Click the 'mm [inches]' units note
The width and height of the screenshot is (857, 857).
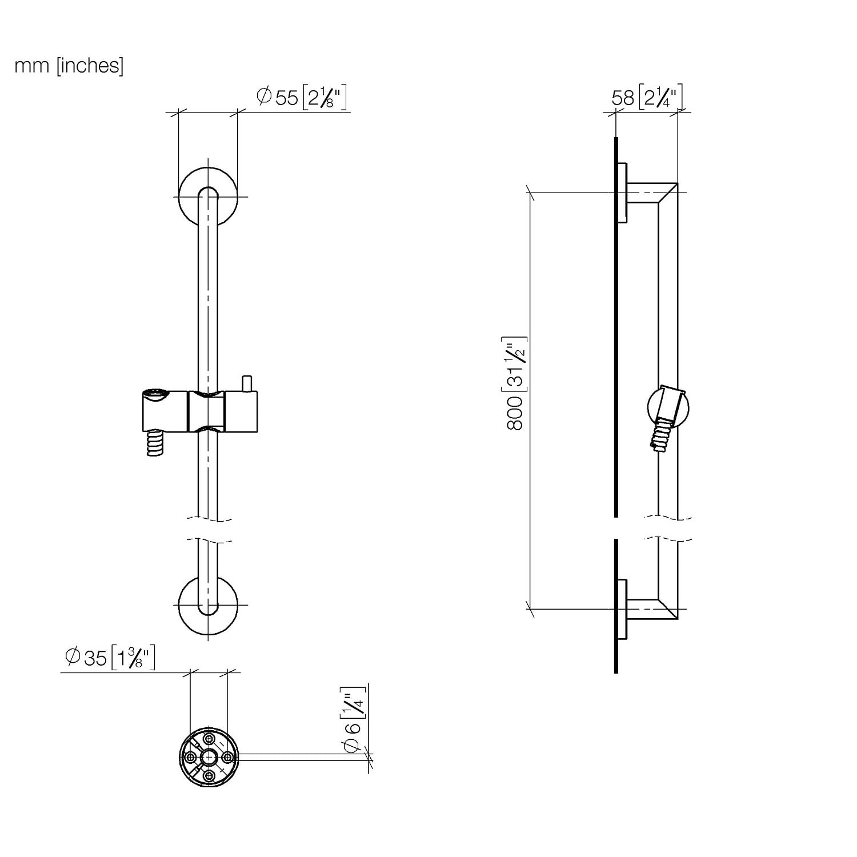click(x=69, y=66)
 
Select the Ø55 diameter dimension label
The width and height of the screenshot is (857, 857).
click(x=302, y=98)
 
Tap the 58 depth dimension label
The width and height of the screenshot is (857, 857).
click(x=647, y=98)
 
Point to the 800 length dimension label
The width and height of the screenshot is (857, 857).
click(x=515, y=383)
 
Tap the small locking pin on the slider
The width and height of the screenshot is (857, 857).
click(x=247, y=383)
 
